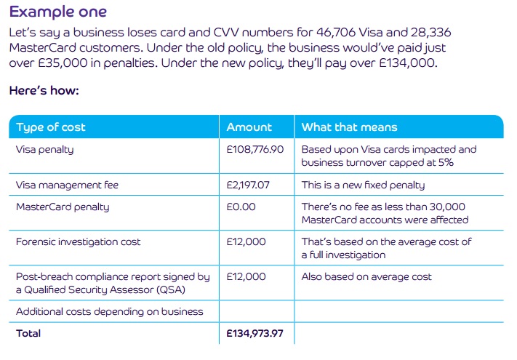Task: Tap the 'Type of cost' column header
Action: coord(51,127)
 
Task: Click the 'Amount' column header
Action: coord(249,127)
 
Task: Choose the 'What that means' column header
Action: coord(349,127)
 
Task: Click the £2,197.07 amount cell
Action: coord(248,185)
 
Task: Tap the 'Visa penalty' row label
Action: coord(44,150)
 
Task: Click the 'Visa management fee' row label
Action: coord(67,185)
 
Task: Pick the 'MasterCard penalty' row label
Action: coord(63,207)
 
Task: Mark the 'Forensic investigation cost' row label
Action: coord(78,242)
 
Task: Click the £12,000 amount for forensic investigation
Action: coord(247,242)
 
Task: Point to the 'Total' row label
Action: coord(28,334)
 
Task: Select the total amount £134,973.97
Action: coord(255,334)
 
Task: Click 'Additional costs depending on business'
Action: coord(109,312)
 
